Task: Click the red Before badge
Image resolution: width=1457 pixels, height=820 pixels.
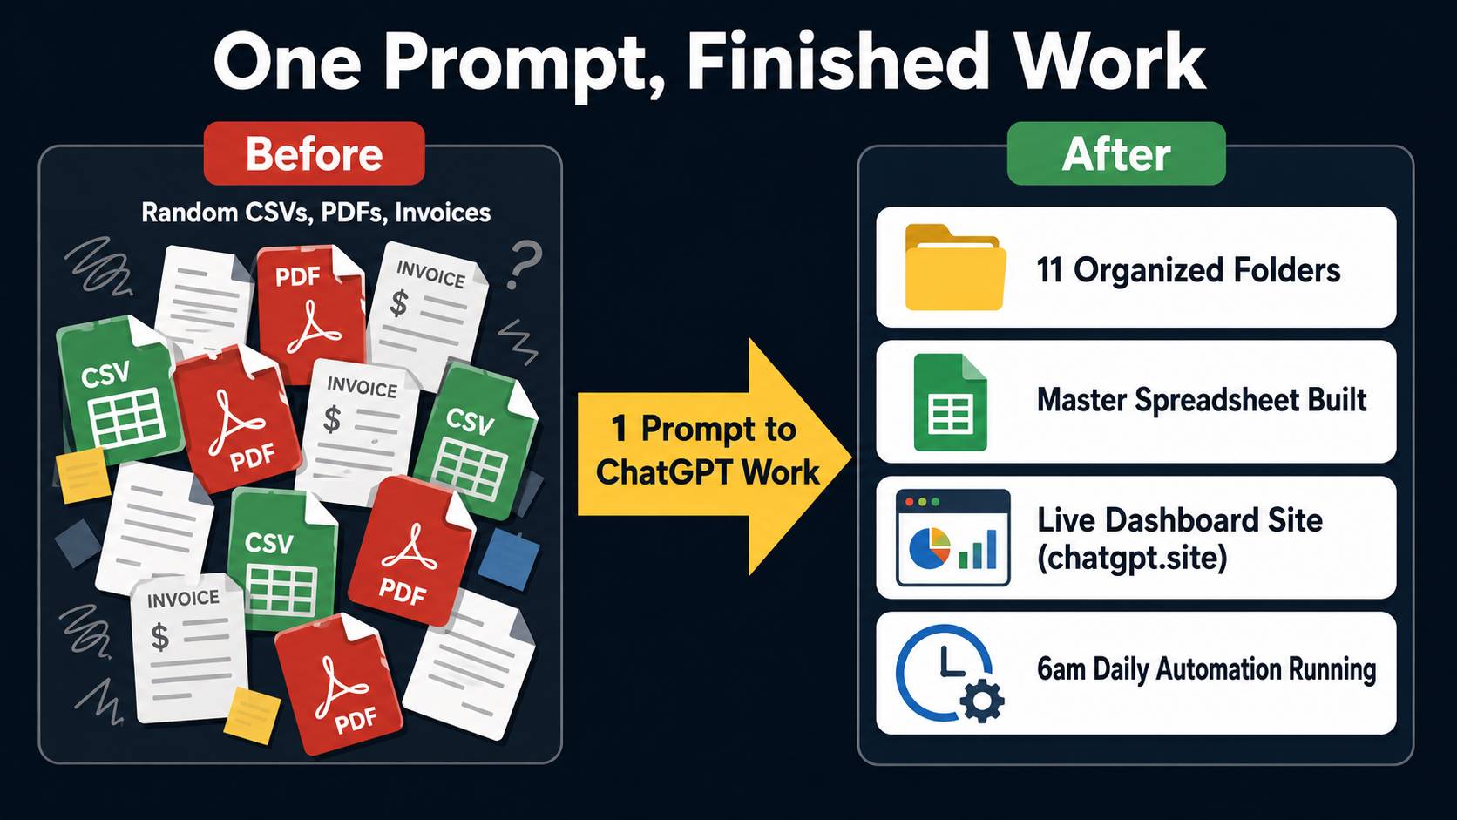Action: tap(315, 153)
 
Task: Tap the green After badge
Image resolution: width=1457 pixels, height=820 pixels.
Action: tap(1116, 153)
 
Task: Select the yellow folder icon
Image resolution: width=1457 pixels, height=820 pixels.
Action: tap(955, 268)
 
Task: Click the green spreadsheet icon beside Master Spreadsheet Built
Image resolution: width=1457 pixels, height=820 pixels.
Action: tap(951, 402)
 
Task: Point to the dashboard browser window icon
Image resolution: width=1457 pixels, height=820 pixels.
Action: tap(953, 538)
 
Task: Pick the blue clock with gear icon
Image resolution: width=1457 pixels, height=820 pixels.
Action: tap(949, 673)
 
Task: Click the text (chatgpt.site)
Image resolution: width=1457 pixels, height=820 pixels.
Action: tap(1132, 558)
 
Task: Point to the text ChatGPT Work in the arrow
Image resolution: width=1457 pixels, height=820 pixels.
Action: tap(708, 472)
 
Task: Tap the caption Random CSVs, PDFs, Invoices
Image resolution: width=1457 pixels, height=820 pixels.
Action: tap(316, 213)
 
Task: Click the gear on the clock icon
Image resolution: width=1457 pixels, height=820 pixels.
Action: tap(981, 701)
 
